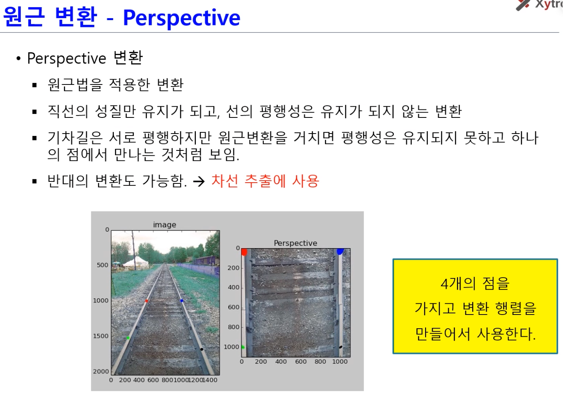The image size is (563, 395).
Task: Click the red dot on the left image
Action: coord(146,301)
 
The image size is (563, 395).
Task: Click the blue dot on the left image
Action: coord(182,300)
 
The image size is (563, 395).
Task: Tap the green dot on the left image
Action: coord(128,337)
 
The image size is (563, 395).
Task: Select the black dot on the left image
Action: coord(201,349)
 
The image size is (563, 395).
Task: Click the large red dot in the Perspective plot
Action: coord(244,252)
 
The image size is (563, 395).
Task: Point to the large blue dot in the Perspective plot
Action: coord(340,251)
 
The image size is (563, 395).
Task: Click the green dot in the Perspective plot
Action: coord(243,347)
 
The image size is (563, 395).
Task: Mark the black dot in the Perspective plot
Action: coord(341,347)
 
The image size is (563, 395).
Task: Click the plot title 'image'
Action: coord(164,225)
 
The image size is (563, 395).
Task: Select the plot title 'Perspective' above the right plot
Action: coord(295,243)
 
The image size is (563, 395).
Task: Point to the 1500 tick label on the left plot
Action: coord(101,336)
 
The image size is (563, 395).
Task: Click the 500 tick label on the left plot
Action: coord(102,265)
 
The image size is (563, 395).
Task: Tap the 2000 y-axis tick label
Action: coord(101,371)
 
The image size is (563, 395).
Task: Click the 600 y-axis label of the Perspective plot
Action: coord(234,307)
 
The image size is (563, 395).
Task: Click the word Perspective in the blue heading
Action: coord(181,18)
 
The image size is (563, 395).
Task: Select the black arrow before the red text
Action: coord(199,181)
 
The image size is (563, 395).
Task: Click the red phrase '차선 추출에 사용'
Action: coord(265,181)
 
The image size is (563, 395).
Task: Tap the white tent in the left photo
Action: coord(136,261)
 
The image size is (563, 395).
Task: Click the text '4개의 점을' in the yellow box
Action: coord(475,283)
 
